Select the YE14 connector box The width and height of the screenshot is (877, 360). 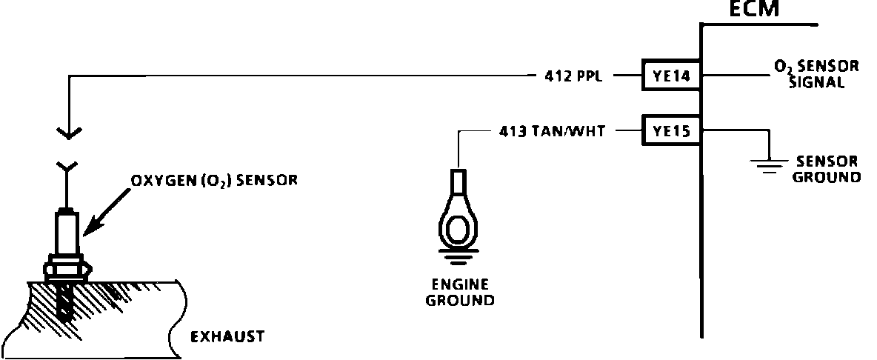pyautogui.click(x=671, y=76)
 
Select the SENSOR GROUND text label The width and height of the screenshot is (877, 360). pyautogui.click(x=826, y=169)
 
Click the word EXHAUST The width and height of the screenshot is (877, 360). pyautogui.click(x=227, y=337)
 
